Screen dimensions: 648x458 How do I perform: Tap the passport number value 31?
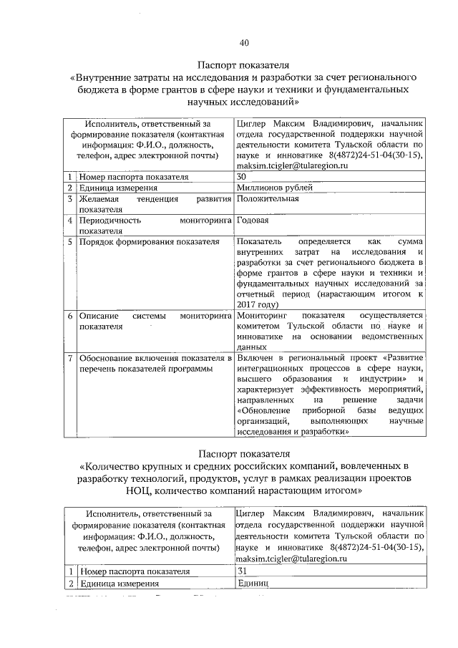241,571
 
